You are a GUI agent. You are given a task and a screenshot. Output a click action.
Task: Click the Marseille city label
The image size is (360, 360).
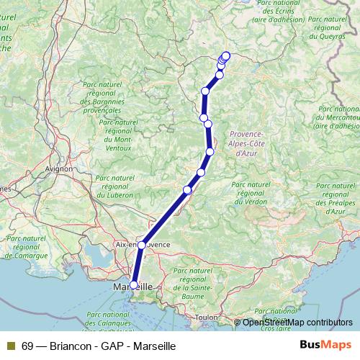134,287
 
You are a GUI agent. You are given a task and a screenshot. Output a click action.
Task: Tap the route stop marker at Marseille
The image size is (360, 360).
133,285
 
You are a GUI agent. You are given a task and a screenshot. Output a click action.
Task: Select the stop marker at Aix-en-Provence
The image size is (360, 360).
142,246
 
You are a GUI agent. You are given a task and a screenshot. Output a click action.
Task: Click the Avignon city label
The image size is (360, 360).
58,169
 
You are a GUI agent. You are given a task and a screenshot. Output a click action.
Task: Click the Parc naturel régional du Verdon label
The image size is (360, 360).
253,198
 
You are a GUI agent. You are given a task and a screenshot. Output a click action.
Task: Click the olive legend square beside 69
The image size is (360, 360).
10,346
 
